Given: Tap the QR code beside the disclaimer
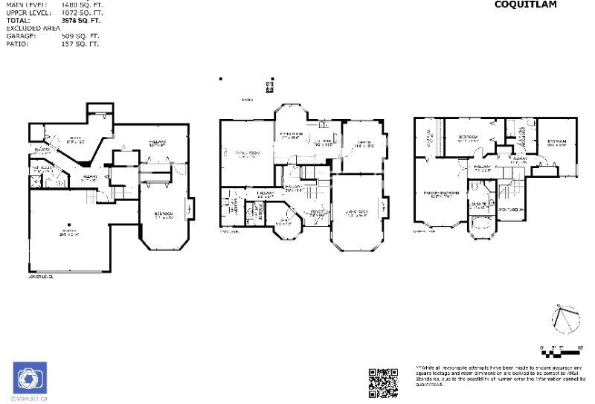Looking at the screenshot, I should coord(383,382).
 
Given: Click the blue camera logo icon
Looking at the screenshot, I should coord(30,377).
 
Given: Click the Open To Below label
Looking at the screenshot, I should coord(512,210).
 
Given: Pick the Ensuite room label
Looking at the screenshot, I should coord(477,202).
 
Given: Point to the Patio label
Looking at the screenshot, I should coord(246,99).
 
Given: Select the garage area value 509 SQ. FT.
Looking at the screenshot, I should coord(80,35).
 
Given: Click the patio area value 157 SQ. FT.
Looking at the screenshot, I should coord(80,44).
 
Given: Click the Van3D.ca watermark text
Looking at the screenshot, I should coord(30,399).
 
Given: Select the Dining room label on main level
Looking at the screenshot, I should coord(364,144).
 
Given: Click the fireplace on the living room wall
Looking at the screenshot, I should coord(385,206).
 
